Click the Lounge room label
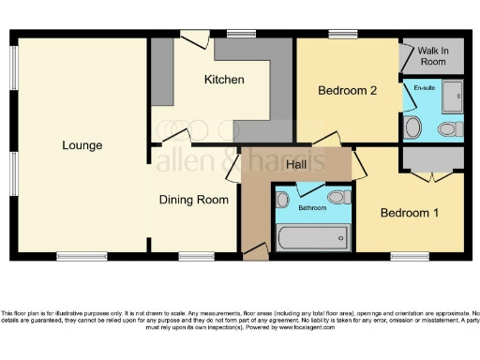click(82, 145)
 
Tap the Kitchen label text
click(224, 80)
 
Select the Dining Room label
click(194, 200)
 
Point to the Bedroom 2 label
click(347, 91)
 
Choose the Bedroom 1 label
click(409, 213)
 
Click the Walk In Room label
click(432, 55)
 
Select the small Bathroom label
click(312, 207)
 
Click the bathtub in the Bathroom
click(312, 239)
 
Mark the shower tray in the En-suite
click(452, 96)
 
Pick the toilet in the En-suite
click(448, 128)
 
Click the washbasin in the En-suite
click(413, 127)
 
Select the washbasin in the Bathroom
click(282, 198)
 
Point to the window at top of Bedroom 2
click(341, 36)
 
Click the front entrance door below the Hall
click(254, 251)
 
